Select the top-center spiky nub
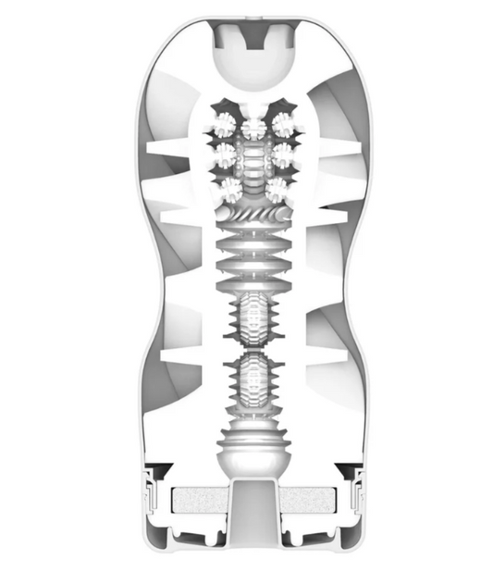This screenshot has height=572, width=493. click(251, 124)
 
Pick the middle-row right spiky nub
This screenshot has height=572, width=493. click(281, 151)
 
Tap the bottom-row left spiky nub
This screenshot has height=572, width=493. click(228, 189)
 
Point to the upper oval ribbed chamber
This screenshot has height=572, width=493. click(251, 320)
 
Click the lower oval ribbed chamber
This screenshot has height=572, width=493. click(251, 380)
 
